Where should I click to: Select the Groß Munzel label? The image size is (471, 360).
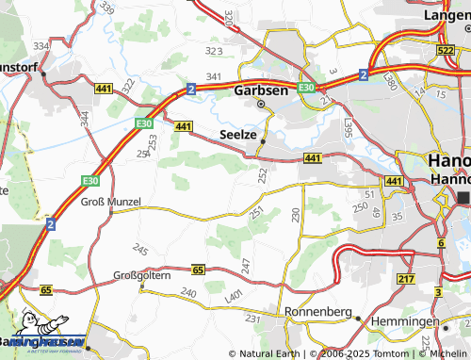pyautogui.click(x=110, y=202)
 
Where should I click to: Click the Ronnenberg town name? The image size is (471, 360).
pyautogui.click(x=318, y=312)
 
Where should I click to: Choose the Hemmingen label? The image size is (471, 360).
pyautogui.click(x=405, y=321)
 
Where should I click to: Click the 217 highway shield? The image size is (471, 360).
pyautogui.click(x=406, y=280)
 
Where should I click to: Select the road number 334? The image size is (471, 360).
pyautogui.click(x=41, y=45)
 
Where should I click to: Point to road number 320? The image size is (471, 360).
pyautogui.click(x=229, y=18)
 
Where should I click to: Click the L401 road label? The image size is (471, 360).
pyautogui.click(x=233, y=296)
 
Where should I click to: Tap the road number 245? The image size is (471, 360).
pyautogui.click(x=140, y=250)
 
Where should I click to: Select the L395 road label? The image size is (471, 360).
pyautogui.click(x=349, y=125)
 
